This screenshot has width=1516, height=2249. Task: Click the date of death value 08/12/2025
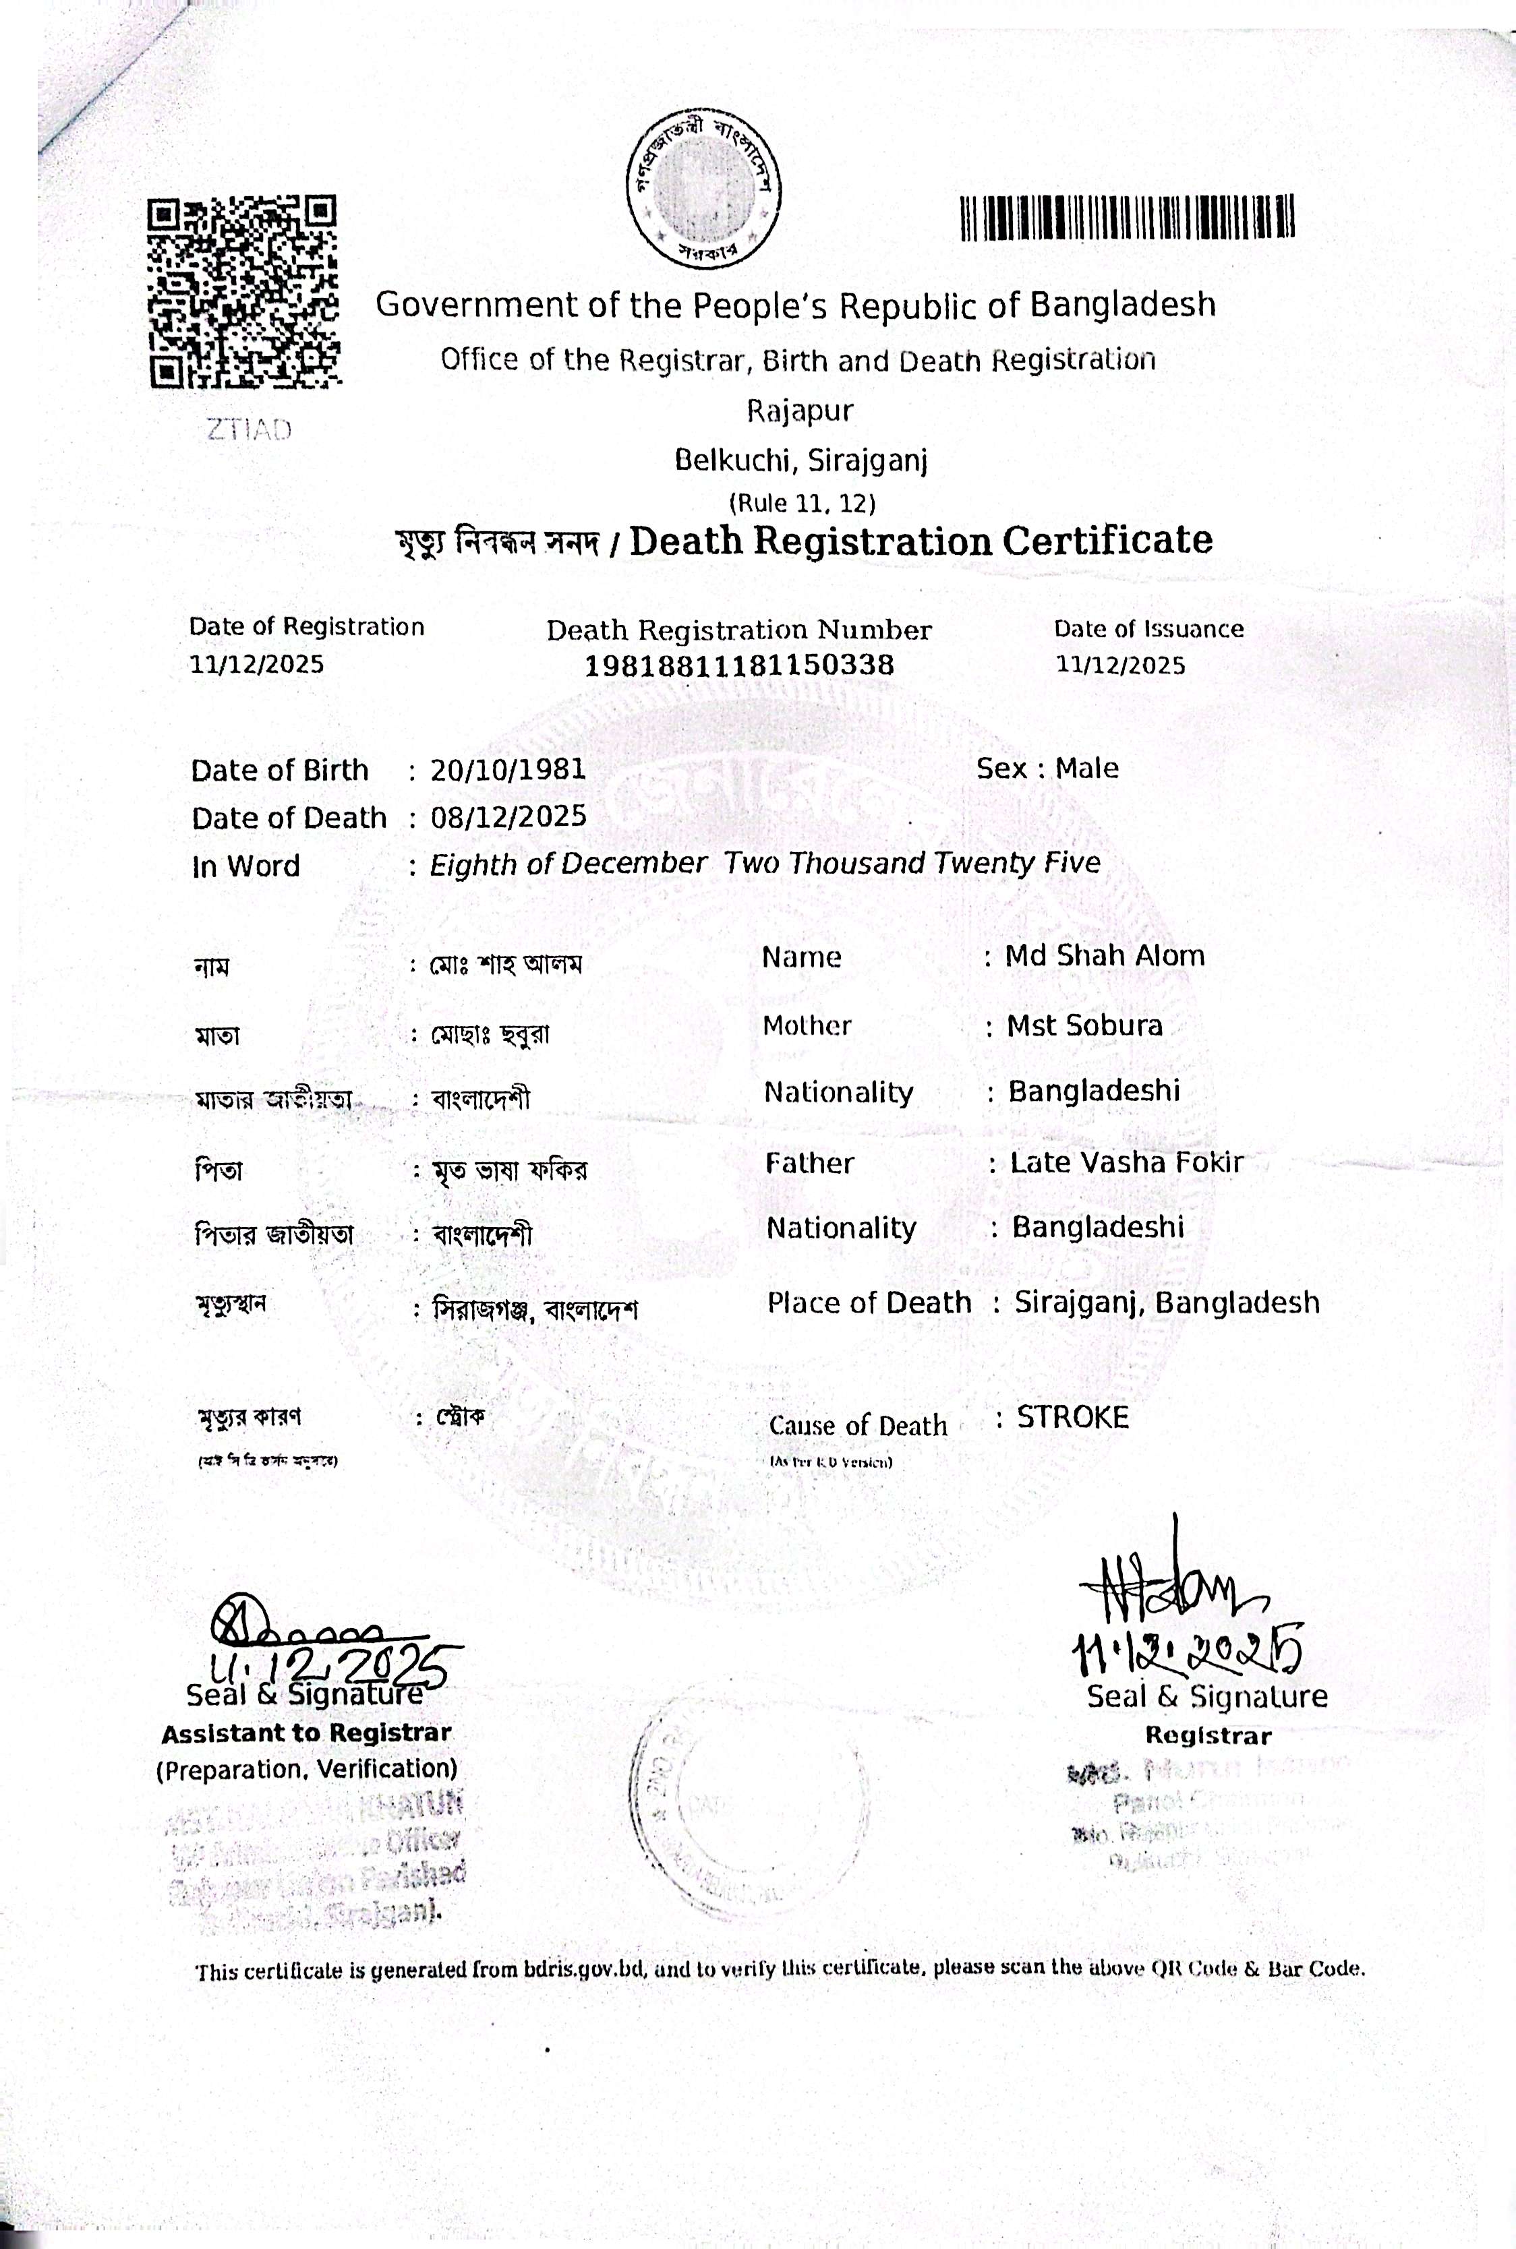click(508, 816)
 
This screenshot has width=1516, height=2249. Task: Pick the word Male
click(1086, 769)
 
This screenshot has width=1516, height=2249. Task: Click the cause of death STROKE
click(1072, 1418)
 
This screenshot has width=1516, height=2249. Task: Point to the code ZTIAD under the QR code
click(248, 430)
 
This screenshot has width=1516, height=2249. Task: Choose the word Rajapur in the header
click(800, 411)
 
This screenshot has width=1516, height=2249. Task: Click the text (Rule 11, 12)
click(802, 502)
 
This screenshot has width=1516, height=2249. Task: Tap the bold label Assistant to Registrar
click(305, 1734)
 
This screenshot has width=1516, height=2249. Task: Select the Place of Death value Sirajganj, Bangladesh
click(1166, 1303)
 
